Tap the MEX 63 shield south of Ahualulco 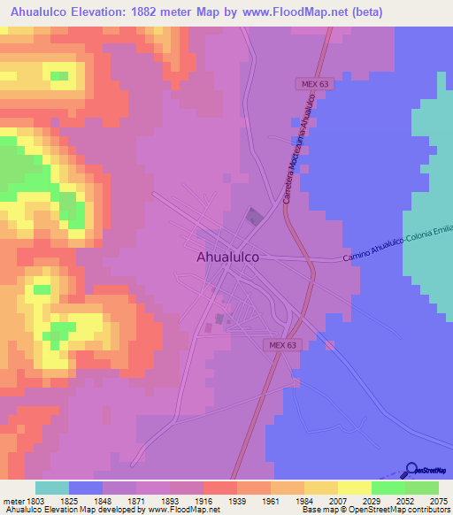click(280, 345)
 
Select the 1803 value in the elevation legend click(35, 501)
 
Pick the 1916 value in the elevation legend click(203, 501)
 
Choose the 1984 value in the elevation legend click(303, 501)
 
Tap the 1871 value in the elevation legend click(135, 501)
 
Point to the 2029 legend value click(371, 501)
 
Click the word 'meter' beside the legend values click(12, 501)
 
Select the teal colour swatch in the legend click(52, 488)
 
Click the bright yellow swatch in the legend click(354, 488)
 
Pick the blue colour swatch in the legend click(86, 488)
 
